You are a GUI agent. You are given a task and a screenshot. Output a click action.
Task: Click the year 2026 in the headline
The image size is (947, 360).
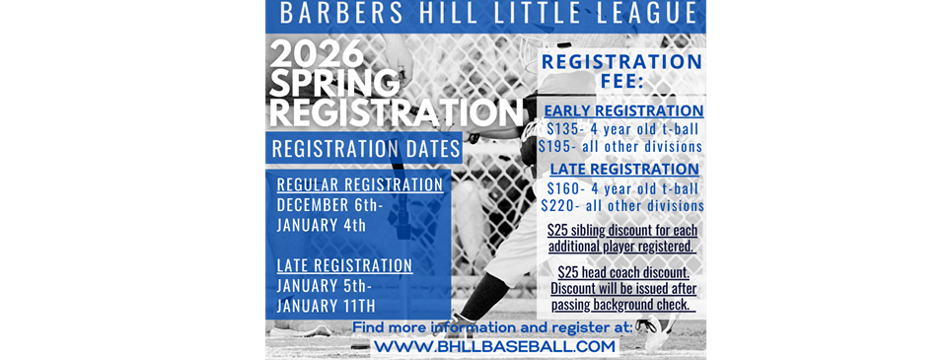click(317, 55)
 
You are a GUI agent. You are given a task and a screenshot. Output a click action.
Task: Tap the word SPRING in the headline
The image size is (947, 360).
click(334, 84)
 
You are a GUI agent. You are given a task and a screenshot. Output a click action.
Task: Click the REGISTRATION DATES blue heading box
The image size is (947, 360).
click(364, 148)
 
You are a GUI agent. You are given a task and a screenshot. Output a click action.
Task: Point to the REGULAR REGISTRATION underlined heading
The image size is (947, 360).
click(360, 184)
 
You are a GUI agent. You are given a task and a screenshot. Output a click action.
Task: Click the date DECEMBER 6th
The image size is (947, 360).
click(329, 205)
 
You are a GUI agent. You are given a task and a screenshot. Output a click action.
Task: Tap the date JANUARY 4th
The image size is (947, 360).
click(322, 225)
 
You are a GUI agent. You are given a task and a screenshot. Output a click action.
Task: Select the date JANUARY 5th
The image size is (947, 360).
click(325, 284)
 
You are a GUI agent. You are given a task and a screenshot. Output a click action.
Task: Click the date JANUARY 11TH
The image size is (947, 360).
click(327, 305)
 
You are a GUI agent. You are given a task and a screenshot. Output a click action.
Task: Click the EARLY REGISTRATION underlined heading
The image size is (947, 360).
click(623, 111)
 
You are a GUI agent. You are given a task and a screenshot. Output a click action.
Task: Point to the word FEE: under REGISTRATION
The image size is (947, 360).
click(621, 81)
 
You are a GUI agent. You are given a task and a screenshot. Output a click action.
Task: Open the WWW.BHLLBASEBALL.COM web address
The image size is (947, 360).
click(495, 347)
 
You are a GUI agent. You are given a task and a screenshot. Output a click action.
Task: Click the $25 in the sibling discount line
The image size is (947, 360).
click(556, 230)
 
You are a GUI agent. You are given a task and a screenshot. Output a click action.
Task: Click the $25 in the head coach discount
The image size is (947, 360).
click(568, 272)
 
